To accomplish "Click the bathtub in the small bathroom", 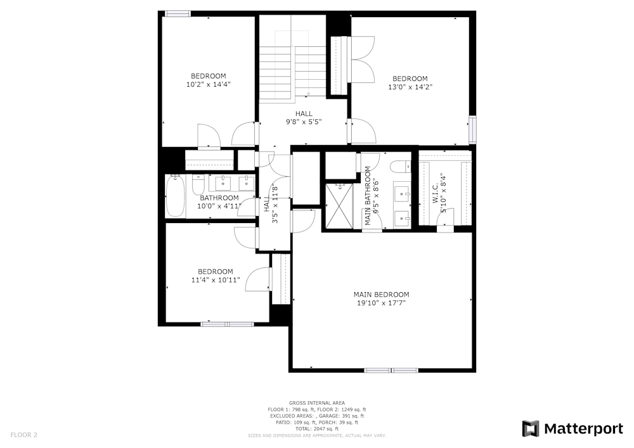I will tap(176, 196).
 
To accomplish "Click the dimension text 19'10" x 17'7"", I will tap(381, 304).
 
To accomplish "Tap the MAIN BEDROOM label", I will tap(381, 295).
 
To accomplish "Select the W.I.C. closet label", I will tap(436, 193).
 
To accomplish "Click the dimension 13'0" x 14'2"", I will tap(410, 87).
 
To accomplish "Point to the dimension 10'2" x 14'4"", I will tap(208, 84).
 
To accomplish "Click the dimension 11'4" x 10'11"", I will tap(216, 279).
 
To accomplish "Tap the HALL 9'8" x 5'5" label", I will tap(303, 117).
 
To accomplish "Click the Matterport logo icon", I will tap(531, 429).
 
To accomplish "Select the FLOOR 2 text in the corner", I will tap(24, 435).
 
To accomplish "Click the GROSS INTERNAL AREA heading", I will tap(316, 403).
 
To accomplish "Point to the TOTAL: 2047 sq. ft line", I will tap(316, 429).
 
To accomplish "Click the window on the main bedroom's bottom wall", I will tap(391, 370).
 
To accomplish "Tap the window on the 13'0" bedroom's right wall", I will tap(472, 129).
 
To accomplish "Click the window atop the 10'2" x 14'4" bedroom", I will tap(178, 13).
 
